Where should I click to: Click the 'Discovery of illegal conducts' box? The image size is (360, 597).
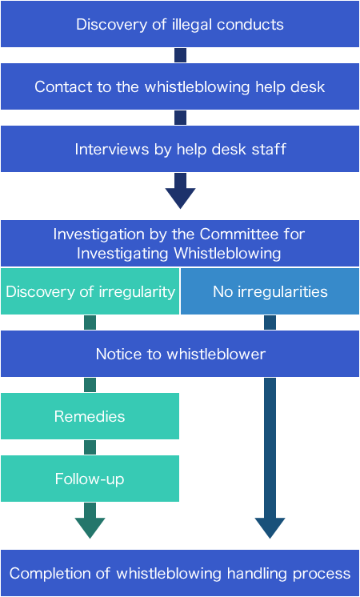(x=179, y=24)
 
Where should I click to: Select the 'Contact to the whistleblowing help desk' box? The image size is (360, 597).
(x=179, y=86)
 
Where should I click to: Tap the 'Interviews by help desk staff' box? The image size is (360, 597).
(x=179, y=149)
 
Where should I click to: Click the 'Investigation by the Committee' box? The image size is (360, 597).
(x=179, y=243)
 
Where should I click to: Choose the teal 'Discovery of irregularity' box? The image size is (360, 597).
(x=90, y=291)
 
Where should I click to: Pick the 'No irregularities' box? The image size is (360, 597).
(x=270, y=291)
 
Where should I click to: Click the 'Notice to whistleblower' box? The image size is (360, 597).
(x=179, y=354)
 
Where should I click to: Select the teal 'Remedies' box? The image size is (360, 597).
(x=90, y=416)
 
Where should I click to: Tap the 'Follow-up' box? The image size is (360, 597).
(x=90, y=479)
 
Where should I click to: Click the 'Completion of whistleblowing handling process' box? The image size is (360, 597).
(x=179, y=573)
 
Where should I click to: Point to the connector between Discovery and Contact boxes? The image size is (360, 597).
(x=180, y=55)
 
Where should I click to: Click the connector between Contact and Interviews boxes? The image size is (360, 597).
(x=180, y=118)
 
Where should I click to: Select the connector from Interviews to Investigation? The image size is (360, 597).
(x=180, y=192)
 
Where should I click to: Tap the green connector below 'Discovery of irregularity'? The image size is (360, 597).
(x=90, y=323)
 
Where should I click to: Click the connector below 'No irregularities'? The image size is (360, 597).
(x=270, y=323)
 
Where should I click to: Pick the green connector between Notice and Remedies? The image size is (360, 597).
(x=90, y=385)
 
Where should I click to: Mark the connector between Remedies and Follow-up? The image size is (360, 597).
(x=90, y=447)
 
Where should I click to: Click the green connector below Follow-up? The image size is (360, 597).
(x=90, y=522)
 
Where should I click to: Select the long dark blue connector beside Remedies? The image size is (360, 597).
(x=270, y=459)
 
